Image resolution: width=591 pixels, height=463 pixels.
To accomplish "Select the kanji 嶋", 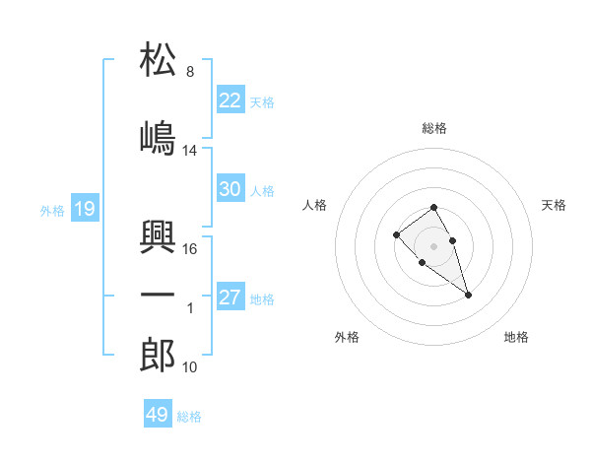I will coord(158,137).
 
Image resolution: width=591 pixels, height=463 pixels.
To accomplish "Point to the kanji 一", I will coord(158,295).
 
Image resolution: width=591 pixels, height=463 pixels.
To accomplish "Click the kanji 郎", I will coord(158,355).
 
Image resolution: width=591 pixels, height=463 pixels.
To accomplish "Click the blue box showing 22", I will coord(230,100).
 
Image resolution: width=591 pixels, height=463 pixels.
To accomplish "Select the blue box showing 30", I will coord(230,189).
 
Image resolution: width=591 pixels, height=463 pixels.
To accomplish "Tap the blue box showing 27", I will coord(230,298).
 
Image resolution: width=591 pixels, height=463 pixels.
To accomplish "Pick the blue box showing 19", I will coord(84,208).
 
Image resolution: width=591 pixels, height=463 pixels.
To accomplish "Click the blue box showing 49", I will coord(158,415).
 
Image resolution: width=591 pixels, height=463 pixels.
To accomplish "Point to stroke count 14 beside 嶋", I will coord(190,151).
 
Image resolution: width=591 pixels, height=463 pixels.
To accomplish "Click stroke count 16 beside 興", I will coord(190,249).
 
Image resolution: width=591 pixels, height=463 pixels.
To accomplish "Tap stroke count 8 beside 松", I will coord(189,72).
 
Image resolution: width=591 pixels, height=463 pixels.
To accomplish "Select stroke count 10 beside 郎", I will coord(190,367).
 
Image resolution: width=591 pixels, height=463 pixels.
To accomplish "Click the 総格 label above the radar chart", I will coord(434,128).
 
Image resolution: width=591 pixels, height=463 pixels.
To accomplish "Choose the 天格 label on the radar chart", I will coord(554,205).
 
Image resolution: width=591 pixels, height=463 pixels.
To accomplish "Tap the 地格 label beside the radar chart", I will coord(516,337).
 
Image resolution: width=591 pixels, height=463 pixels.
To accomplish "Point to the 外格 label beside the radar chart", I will coord(347,337).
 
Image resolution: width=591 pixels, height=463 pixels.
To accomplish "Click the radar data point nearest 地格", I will coord(469,295).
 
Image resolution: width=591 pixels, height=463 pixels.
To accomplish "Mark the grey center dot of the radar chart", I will coord(434,245).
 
